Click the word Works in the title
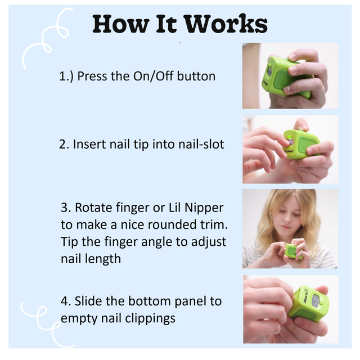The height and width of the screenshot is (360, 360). tap(225, 24)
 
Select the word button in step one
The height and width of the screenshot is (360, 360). tap(196, 76)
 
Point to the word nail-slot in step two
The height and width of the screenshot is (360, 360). tap(200, 144)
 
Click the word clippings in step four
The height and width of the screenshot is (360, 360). tap(152, 318)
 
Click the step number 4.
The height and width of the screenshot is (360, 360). tap(65, 301)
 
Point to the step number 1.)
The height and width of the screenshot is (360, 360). tap(66, 76)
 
